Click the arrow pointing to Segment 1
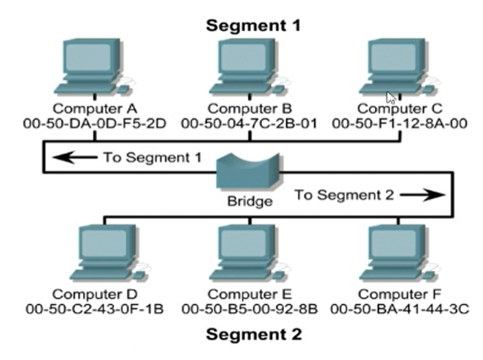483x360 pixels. tap(74, 158)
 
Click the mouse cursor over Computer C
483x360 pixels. tap(391, 96)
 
